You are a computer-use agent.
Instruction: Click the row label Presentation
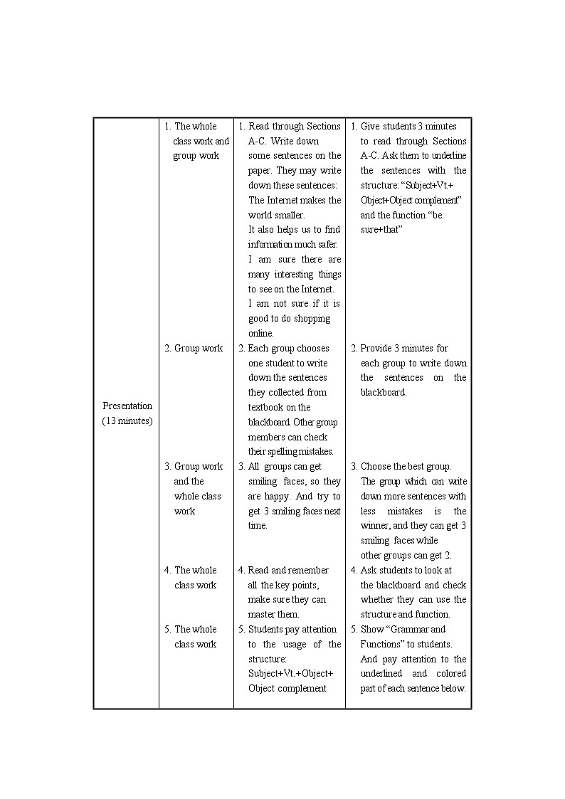tap(127, 406)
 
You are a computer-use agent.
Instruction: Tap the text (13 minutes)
tap(127, 420)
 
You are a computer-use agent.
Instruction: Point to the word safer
tap(324, 245)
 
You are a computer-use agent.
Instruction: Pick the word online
tap(260, 334)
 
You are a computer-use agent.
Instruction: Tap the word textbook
tap(269, 408)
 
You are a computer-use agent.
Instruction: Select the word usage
tap(301, 645)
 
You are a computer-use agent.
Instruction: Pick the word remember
tap(309, 570)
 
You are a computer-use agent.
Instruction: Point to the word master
tap(262, 615)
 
